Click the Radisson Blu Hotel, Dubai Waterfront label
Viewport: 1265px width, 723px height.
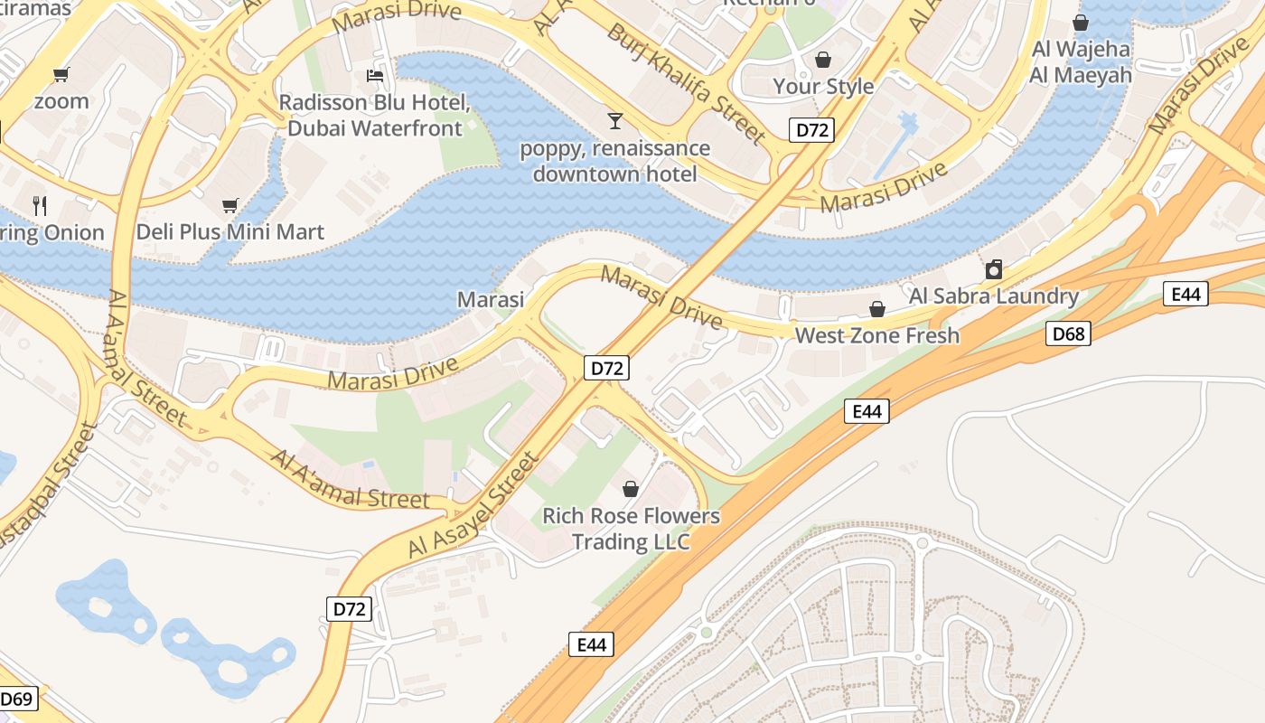(375, 115)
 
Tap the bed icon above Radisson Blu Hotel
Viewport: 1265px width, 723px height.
(375, 75)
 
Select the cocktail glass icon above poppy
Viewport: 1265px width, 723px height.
(615, 119)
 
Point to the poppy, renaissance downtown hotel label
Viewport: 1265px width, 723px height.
(615, 160)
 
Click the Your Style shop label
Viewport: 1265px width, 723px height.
(823, 86)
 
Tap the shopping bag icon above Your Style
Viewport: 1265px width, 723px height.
(823, 60)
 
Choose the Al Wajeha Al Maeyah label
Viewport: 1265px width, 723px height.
(1081, 62)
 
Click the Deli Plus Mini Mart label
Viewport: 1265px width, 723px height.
(230, 232)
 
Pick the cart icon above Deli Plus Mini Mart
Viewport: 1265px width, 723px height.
(230, 206)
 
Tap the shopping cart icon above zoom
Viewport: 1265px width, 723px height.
(61, 74)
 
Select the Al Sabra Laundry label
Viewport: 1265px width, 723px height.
(994, 296)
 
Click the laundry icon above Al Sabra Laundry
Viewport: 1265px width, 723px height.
(994, 269)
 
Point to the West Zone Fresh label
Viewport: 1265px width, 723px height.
(876, 335)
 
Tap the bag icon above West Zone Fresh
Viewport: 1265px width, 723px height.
(876, 309)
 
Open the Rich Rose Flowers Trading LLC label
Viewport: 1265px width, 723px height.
(631, 529)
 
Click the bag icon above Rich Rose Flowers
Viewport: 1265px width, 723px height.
(631, 489)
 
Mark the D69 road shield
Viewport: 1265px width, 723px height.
(17, 699)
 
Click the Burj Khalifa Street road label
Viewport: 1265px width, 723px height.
(686, 82)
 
